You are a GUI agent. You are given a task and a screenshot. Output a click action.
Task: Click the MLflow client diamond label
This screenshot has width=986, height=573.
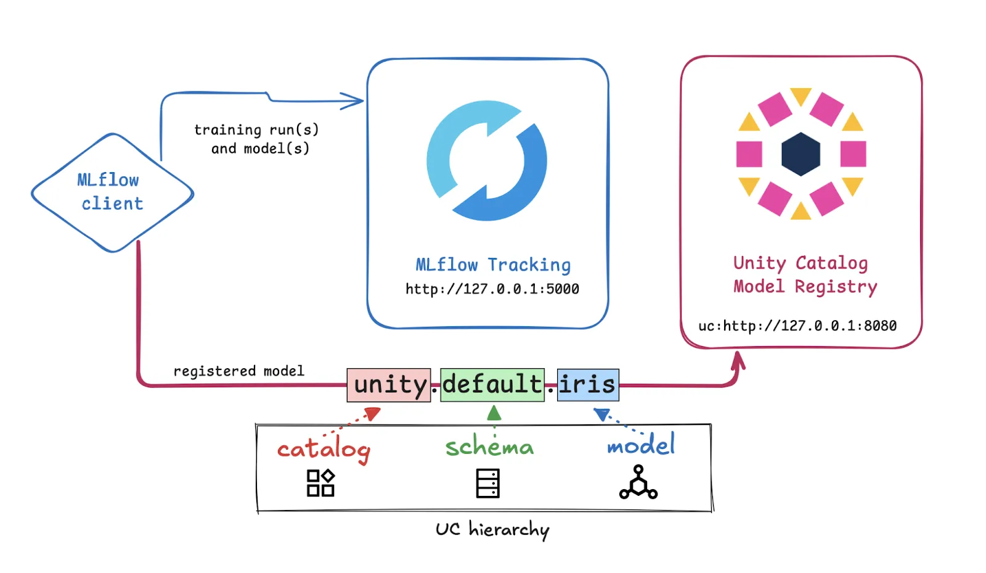(111, 192)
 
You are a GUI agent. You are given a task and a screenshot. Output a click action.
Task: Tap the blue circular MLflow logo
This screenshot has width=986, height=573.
(487, 161)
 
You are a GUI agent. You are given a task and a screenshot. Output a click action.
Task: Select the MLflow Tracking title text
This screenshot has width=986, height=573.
(493, 265)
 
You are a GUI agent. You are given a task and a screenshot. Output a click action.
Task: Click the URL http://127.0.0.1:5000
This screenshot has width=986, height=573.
(492, 289)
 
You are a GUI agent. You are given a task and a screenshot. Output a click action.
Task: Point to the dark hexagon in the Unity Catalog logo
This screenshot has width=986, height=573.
(801, 154)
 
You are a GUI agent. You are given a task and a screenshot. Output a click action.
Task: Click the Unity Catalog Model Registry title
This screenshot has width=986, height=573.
(804, 274)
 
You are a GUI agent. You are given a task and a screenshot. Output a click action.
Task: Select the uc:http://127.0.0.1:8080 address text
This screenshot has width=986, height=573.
(797, 326)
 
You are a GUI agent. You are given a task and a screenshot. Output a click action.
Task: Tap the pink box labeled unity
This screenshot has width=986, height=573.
(389, 385)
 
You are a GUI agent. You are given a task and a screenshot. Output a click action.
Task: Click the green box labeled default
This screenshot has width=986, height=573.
(492, 384)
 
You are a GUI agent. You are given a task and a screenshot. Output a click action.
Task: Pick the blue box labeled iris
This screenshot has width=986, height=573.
(587, 384)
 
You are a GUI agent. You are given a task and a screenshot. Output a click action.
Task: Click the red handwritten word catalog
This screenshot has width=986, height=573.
(324, 450)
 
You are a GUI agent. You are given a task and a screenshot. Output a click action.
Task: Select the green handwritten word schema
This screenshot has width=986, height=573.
(489, 447)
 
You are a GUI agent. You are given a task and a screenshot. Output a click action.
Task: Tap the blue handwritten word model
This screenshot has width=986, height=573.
(641, 445)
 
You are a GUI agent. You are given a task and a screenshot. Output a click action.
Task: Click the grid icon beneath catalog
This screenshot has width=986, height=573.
(320, 483)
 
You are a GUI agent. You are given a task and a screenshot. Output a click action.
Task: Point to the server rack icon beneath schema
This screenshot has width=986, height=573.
(487, 483)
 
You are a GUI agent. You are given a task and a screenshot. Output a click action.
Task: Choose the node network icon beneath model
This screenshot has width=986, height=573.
(638, 482)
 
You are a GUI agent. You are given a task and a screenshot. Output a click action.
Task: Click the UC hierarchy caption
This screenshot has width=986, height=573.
(492, 530)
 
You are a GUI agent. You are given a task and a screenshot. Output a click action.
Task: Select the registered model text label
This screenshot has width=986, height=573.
(238, 371)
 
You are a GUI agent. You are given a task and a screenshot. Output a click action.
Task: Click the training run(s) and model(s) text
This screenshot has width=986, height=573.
(257, 139)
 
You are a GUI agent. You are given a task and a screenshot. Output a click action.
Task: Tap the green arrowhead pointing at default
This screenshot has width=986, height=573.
(494, 413)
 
